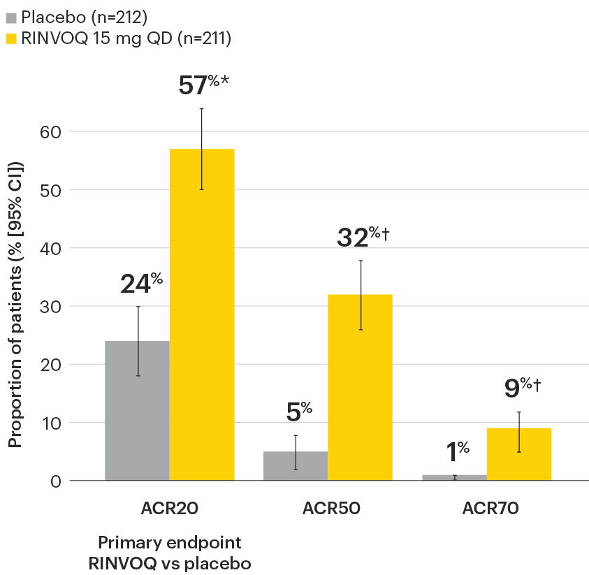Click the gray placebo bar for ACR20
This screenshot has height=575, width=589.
coord(137,411)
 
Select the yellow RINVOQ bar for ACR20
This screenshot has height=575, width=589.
coord(202,314)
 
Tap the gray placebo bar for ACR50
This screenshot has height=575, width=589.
coord(296,466)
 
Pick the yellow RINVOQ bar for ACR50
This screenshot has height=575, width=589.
coord(361,388)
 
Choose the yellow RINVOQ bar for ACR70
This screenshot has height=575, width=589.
coord(519,455)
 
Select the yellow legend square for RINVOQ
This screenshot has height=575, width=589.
coord(10,39)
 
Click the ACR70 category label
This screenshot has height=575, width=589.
coord(490,509)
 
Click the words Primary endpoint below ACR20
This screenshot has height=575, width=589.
coord(170,542)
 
